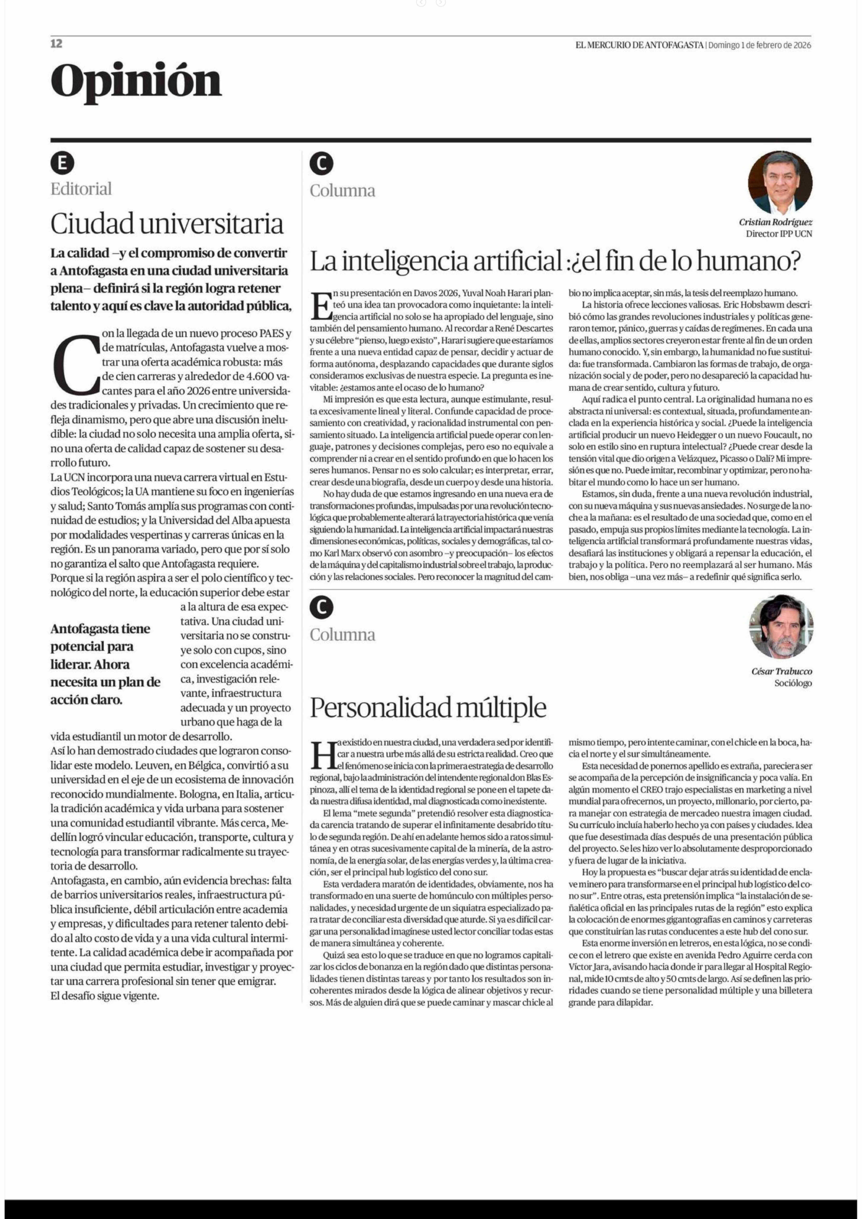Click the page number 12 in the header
(56, 44)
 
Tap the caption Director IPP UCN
(779, 234)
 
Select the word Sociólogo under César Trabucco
(793, 683)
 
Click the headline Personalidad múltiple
(428, 707)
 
